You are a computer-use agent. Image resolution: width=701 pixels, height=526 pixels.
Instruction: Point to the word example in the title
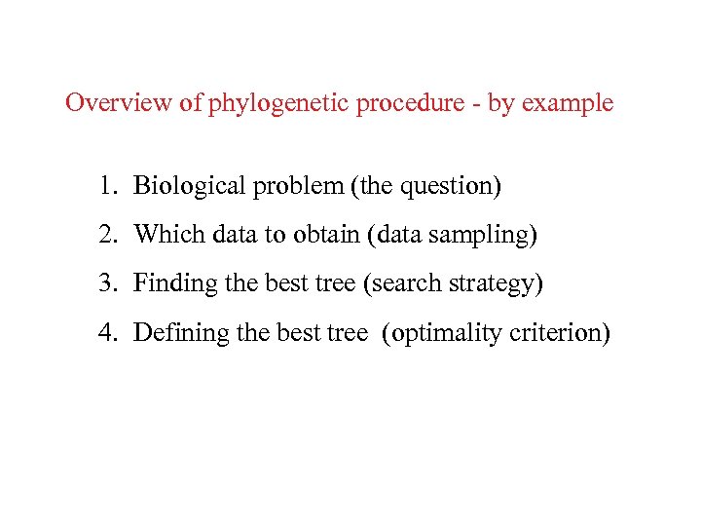coord(569,103)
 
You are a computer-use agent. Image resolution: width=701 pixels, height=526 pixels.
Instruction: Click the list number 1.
coord(105,184)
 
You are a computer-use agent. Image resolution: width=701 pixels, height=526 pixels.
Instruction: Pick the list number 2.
coord(105,234)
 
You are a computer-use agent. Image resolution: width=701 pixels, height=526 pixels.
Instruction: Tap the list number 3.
coord(105,283)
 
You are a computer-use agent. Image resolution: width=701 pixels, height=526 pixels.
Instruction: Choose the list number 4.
coord(105,333)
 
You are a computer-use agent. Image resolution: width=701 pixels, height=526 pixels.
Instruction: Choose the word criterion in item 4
coord(561,333)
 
